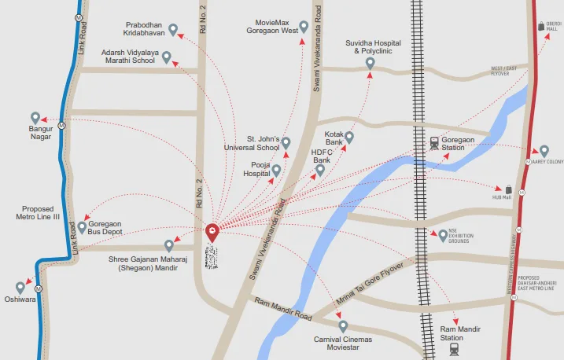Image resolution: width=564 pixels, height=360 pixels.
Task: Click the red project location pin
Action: tap(212, 232)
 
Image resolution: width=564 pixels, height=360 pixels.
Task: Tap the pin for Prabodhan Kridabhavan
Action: tap(173, 30)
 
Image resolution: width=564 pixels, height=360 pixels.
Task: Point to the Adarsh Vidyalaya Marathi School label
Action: tap(130, 56)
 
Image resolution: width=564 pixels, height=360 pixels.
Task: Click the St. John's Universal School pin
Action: tap(286, 143)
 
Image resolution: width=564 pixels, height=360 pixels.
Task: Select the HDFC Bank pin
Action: tap(320, 169)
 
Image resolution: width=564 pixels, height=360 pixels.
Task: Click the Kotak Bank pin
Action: tap(349, 137)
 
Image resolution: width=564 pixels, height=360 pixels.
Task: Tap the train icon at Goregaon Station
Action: tap(433, 143)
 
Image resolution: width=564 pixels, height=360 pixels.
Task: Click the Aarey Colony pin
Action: tap(544, 151)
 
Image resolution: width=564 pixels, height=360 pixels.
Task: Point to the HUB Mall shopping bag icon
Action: tap(509, 189)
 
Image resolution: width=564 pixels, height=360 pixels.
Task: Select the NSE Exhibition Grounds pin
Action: tap(442, 235)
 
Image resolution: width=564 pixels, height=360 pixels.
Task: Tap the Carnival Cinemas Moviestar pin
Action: tap(343, 325)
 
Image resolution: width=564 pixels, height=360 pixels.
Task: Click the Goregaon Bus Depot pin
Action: tap(82, 227)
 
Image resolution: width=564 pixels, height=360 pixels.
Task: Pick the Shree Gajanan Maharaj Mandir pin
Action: tap(168, 245)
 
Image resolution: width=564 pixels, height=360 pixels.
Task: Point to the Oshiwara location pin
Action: tap(20, 288)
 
